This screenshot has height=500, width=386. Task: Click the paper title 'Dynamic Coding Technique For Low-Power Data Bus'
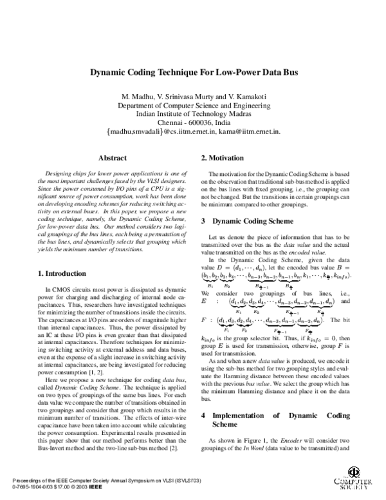(x=192, y=73)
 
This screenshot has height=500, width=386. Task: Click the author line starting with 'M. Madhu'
(x=192, y=97)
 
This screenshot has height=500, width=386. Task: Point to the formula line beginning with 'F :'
(x=270, y=321)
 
